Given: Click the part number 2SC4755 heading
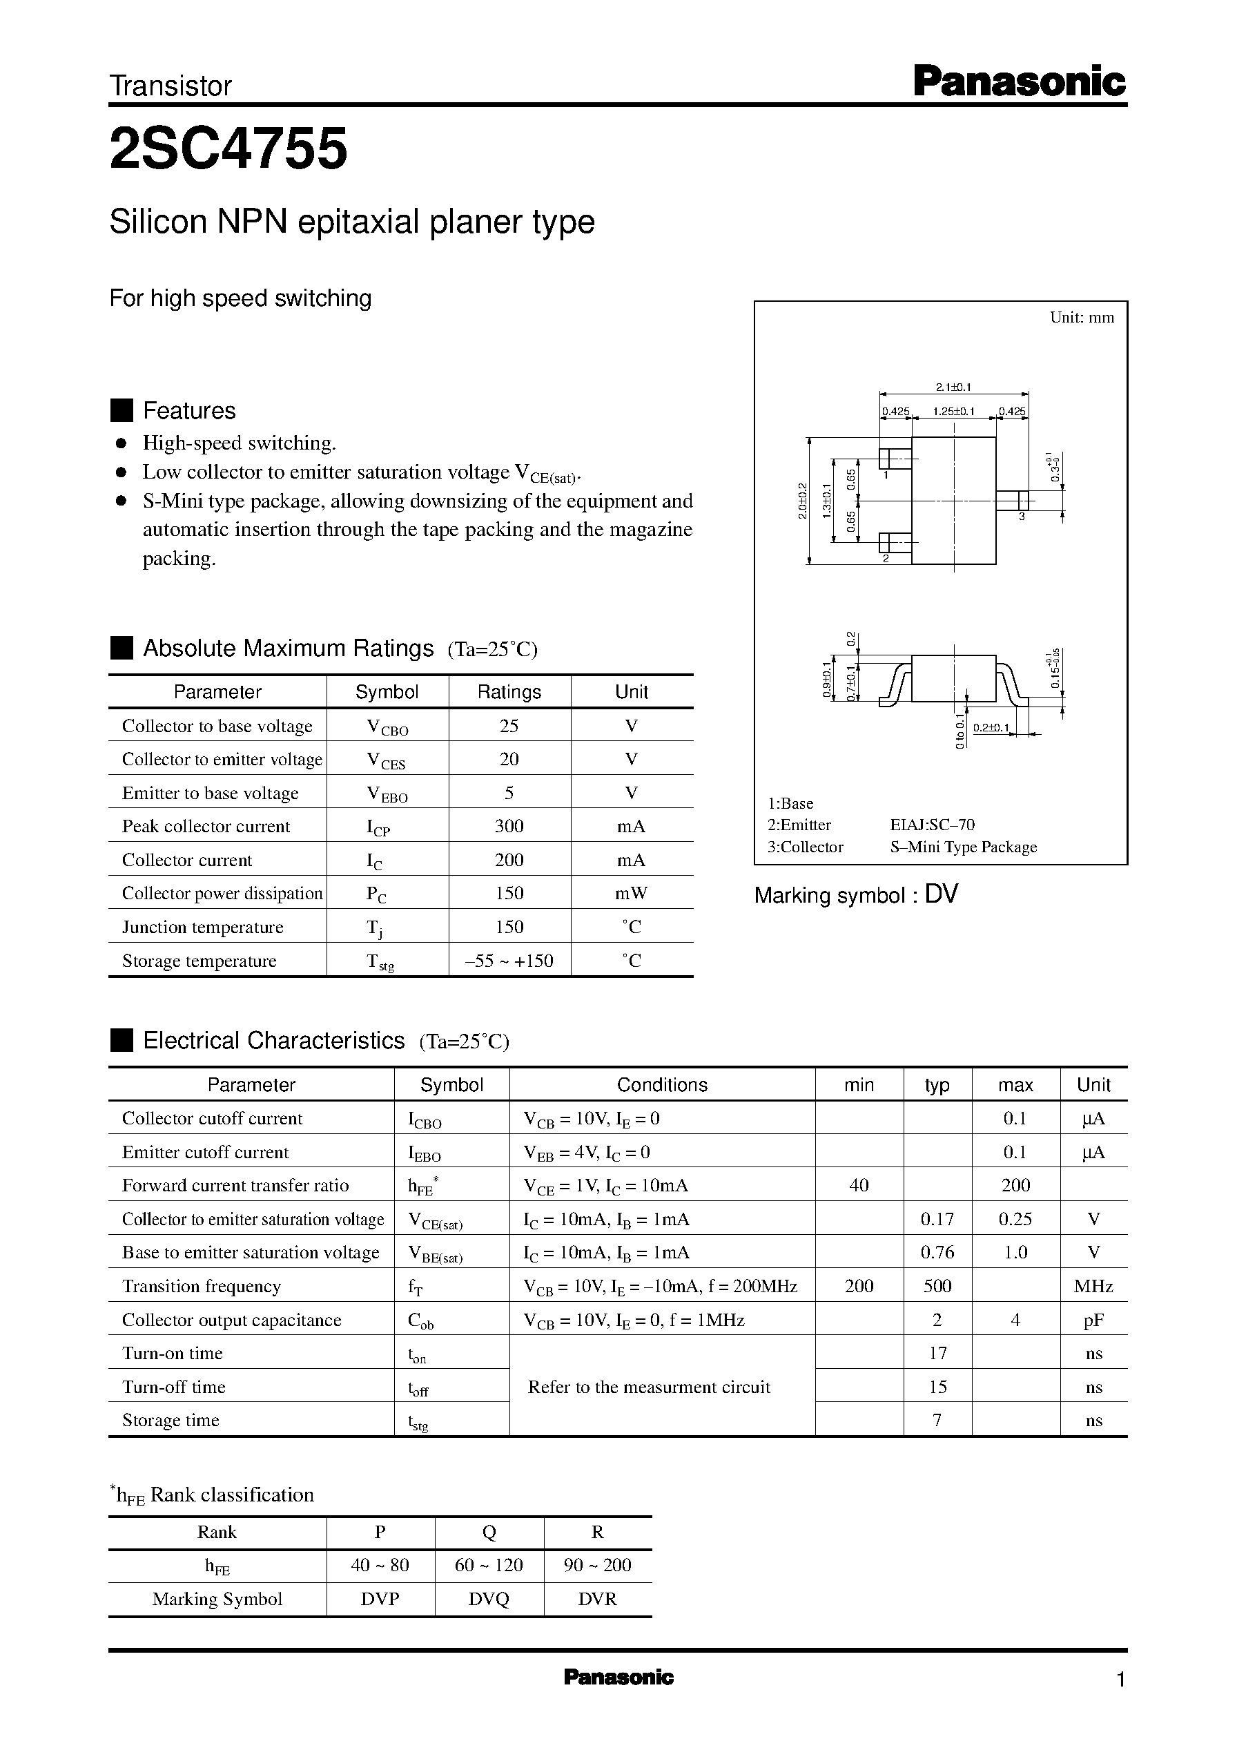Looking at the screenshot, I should click(228, 148).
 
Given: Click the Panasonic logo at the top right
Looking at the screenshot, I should click(1018, 82).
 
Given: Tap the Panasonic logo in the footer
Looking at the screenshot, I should click(618, 1677).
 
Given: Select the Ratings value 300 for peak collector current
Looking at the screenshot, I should click(509, 826).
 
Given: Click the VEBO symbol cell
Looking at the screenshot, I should click(387, 794).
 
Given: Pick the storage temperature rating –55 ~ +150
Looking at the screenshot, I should click(509, 961).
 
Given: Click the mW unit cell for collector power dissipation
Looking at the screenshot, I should click(631, 893).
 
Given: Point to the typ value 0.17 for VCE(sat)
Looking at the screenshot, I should click(937, 1219).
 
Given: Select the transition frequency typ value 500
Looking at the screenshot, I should click(937, 1286).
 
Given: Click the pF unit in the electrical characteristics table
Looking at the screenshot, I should click(1093, 1320).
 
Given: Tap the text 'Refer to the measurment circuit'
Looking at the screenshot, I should click(649, 1387).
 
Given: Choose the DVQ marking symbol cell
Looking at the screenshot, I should click(488, 1599).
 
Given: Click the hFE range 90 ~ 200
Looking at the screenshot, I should click(597, 1565).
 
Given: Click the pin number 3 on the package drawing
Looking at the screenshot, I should click(1022, 517).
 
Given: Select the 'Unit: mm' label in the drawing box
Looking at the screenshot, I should click(1081, 318).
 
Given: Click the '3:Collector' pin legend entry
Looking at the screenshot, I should click(805, 847).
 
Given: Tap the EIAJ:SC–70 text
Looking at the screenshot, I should click(932, 825).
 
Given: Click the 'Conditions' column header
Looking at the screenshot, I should click(661, 1084).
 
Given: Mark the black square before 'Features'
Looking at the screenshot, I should click(121, 410).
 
